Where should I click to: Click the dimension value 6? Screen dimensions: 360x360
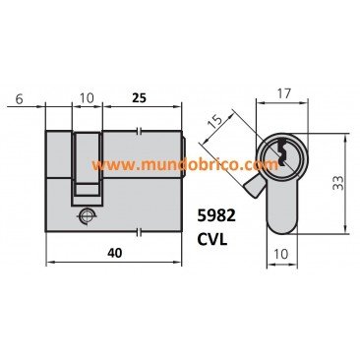pyautogui.click(x=20, y=98)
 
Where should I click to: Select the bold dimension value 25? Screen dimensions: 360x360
pyautogui.click(x=139, y=98)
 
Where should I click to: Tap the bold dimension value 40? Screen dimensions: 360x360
pyautogui.click(x=114, y=253)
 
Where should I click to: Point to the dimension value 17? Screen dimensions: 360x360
pyautogui.click(x=283, y=93)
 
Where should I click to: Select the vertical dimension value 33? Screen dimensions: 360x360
pyautogui.click(x=337, y=183)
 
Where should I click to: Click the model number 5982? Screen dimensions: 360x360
pyautogui.click(x=216, y=216)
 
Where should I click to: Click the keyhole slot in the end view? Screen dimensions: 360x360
pyautogui.click(x=281, y=153)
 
